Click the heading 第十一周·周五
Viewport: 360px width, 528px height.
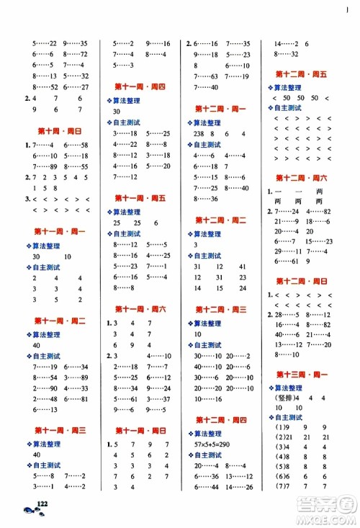pos(140,197)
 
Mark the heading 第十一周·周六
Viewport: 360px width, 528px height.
pos(140,308)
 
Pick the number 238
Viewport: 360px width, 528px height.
pos(199,133)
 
